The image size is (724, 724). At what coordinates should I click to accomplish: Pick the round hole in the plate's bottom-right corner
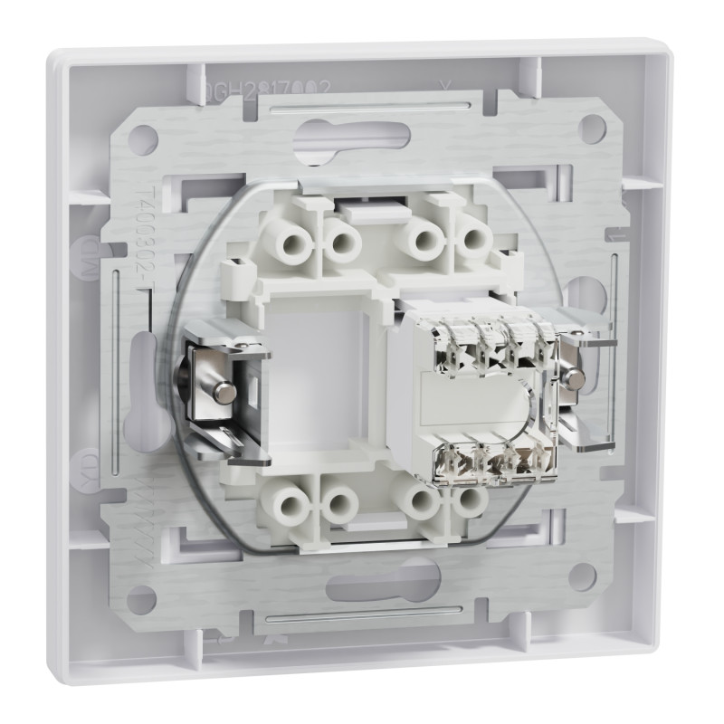[582, 576]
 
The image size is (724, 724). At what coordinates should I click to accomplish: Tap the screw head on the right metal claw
[574, 380]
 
